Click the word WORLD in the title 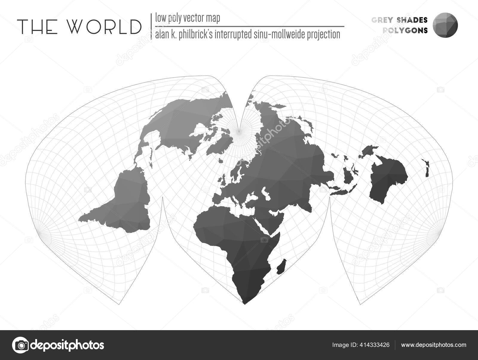pyautogui.click(x=104, y=27)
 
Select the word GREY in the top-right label pyautogui.click(x=383, y=20)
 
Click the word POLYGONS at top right pyautogui.click(x=405, y=30)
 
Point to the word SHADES pyautogui.click(x=412, y=20)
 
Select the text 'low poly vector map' pyautogui.click(x=188, y=19)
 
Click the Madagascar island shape pyautogui.click(x=282, y=267)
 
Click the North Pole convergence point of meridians pyautogui.click(x=239, y=131)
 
